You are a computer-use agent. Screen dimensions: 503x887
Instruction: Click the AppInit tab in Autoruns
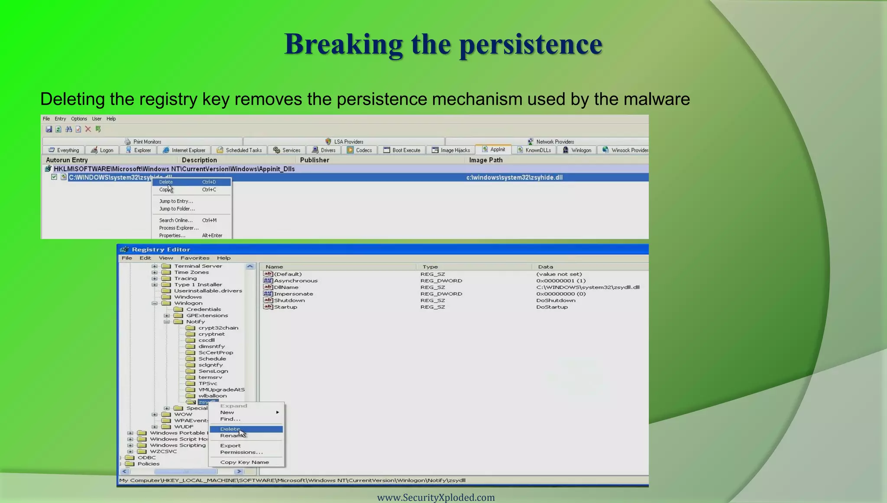(494, 149)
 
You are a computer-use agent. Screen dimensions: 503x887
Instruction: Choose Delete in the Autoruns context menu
(166, 182)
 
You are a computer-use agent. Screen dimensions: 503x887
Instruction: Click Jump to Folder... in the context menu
(177, 209)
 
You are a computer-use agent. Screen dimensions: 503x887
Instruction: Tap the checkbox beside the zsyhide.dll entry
(54, 177)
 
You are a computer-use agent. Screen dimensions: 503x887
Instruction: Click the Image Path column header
(486, 160)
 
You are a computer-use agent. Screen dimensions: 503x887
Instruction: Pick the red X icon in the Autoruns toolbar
(88, 129)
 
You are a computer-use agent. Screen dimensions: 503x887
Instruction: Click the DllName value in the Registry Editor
(286, 287)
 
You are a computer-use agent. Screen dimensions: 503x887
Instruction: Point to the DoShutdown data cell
(556, 300)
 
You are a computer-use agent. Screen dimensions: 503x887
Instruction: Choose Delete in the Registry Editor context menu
(230, 429)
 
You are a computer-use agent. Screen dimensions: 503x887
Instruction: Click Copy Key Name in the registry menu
(244, 462)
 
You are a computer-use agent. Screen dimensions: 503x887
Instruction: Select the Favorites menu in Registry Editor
(195, 258)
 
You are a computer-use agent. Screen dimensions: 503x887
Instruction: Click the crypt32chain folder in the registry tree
(218, 328)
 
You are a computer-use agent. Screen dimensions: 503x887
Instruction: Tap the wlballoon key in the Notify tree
(212, 396)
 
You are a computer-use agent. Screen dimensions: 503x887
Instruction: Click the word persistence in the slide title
(530, 44)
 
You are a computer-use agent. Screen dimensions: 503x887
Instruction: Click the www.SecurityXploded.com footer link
(436, 497)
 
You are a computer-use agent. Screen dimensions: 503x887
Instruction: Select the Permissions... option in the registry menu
(241, 452)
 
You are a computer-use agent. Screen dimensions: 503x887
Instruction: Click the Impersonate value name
(293, 294)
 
